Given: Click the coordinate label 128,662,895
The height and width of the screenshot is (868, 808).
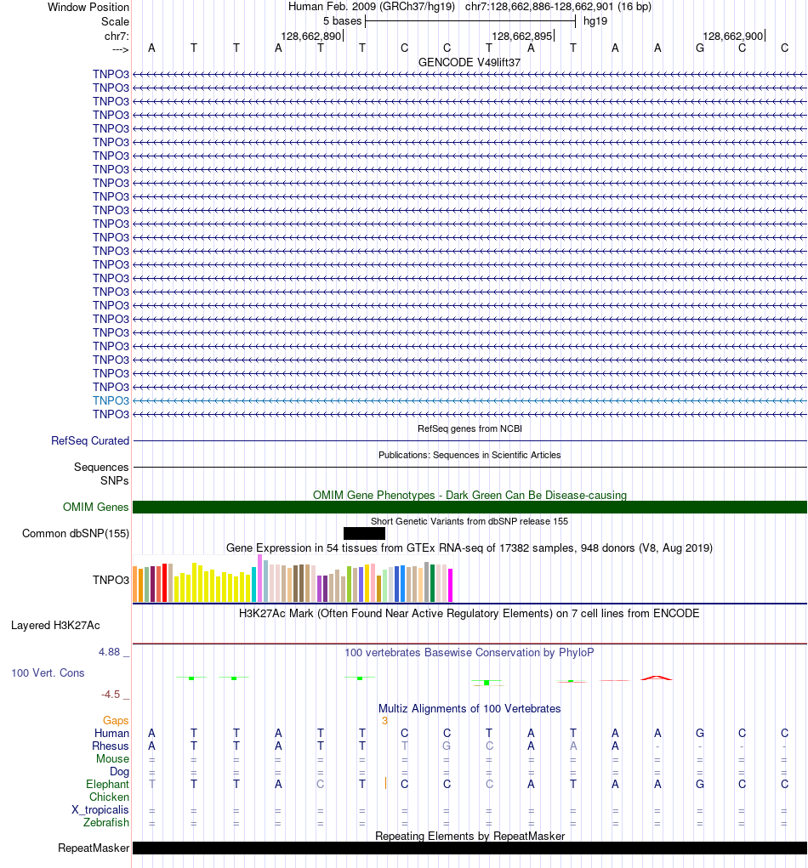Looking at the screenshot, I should click(x=521, y=36).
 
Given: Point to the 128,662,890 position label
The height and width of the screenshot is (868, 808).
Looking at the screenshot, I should click(x=310, y=36).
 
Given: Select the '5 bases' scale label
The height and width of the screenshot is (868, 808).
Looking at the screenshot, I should click(x=342, y=20).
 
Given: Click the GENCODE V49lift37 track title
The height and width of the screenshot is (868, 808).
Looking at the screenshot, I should click(x=469, y=63).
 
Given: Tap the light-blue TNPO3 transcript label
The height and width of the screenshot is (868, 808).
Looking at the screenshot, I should click(x=111, y=400).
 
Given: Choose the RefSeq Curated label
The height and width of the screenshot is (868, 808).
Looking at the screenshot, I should click(x=90, y=441).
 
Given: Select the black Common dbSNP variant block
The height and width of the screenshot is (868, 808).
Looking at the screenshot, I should click(x=364, y=533).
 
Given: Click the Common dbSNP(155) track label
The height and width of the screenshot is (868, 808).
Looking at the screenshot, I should click(x=76, y=534).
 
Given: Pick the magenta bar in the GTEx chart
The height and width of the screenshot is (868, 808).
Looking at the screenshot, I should click(x=451, y=585).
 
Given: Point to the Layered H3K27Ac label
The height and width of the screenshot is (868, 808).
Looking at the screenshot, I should click(x=55, y=626).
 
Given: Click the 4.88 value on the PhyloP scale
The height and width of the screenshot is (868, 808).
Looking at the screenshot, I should click(x=110, y=652).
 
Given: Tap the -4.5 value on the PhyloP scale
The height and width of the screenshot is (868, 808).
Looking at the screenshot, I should click(x=112, y=694).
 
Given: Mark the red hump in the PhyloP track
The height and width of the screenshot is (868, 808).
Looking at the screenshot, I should click(x=657, y=677).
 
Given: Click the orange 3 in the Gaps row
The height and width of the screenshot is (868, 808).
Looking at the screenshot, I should click(x=384, y=721).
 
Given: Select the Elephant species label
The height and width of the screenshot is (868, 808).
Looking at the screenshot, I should click(x=107, y=785).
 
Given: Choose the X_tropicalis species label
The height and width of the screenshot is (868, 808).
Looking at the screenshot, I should click(x=100, y=810).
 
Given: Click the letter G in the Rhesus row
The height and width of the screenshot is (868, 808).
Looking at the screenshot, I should click(x=447, y=746).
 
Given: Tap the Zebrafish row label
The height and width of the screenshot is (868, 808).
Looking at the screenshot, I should click(x=106, y=823).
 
